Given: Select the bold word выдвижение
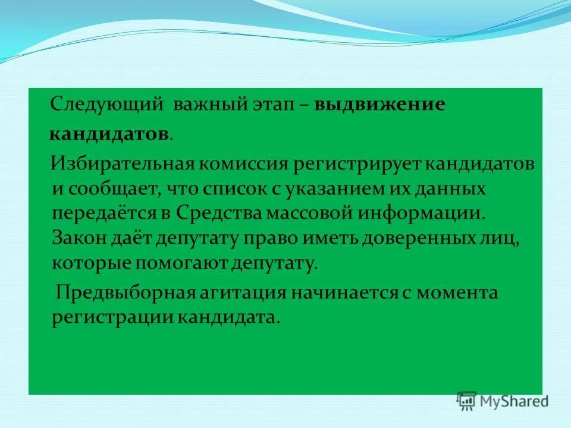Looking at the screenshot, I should coord(379,105).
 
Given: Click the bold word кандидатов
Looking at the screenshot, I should coord(108,134).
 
